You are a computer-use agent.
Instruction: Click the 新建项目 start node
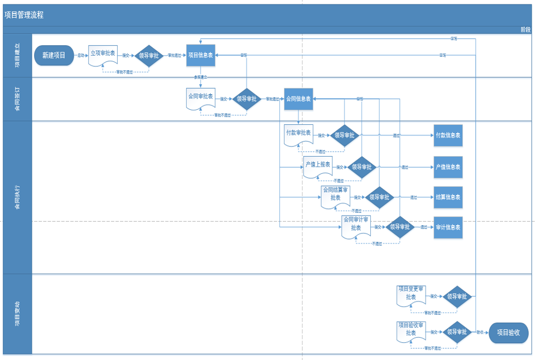point(54,55)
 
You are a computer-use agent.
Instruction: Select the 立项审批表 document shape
point(103,55)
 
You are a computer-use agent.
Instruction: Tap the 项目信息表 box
point(200,55)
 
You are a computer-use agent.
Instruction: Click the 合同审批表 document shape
point(200,98)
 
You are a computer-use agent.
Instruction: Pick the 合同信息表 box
point(298,99)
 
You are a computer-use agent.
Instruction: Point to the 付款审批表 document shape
point(298,134)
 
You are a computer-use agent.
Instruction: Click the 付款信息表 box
point(448,135)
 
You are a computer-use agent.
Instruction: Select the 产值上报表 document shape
point(317,166)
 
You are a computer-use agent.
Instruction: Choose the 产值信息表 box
point(448,167)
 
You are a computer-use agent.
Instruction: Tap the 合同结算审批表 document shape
point(335,196)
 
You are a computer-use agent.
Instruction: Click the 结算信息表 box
point(448,197)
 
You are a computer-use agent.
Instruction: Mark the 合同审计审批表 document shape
point(356,226)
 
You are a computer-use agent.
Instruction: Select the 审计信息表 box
point(448,227)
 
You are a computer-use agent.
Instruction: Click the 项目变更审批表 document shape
point(411,295)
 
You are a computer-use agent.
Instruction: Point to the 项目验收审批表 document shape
point(411,330)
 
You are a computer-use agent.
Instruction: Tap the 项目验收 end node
point(509,333)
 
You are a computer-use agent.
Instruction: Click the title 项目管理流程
point(24,15)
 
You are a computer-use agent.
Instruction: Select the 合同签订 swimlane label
point(17,99)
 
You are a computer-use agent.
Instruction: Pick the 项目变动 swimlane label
point(17,314)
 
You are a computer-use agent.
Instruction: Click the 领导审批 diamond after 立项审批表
point(148,56)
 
